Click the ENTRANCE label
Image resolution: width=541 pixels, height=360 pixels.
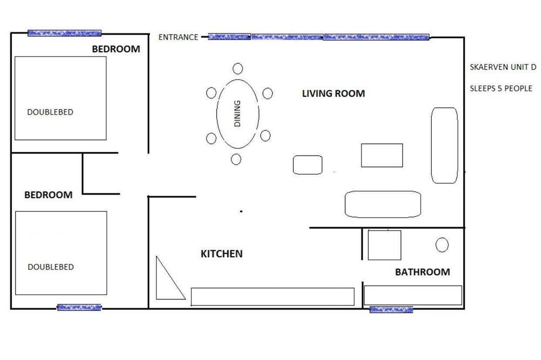178,37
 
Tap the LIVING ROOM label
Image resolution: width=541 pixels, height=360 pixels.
333,94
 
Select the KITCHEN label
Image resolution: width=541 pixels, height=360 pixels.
221,254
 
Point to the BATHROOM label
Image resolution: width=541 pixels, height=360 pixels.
423,272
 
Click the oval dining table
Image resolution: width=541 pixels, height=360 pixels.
217,114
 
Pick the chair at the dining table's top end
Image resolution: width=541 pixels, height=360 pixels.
237,69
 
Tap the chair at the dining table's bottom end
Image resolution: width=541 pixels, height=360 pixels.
236,159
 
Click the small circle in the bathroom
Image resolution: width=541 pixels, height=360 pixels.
442,245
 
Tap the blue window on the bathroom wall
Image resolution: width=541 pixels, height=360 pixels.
391,309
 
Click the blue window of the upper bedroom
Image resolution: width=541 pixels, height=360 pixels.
64,33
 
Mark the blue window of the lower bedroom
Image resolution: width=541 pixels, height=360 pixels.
79,307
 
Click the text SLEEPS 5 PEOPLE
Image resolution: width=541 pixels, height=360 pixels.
501,89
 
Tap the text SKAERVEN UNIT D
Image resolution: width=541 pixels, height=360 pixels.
503,67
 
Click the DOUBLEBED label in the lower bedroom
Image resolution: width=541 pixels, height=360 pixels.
51,267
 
